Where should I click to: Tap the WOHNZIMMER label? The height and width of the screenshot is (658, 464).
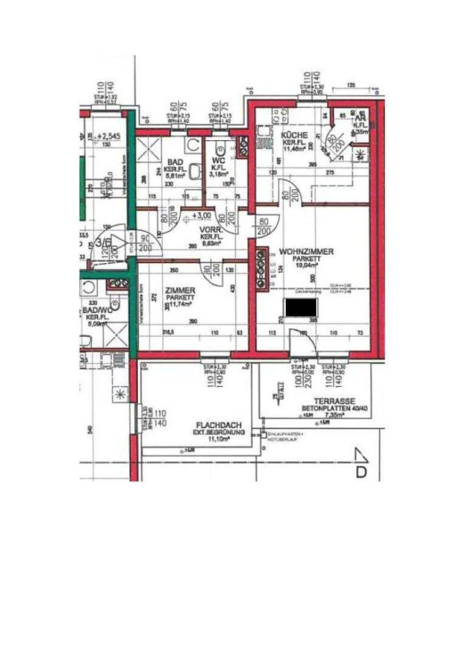[306, 251]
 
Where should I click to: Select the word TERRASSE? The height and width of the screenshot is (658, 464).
[334, 400]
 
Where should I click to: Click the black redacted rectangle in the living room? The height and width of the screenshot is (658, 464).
[301, 307]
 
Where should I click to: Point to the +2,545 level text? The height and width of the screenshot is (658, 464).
[107, 139]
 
